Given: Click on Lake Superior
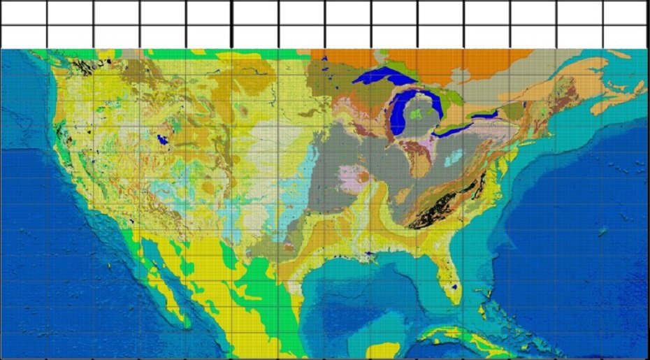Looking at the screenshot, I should pyautogui.click(x=381, y=77).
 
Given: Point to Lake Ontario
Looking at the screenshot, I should pyautogui.click(x=483, y=113).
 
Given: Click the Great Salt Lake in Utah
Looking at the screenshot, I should pyautogui.click(x=163, y=139).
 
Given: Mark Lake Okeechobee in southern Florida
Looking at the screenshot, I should pyautogui.click(x=455, y=287).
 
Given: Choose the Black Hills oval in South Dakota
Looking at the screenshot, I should pyautogui.click(x=243, y=110).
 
